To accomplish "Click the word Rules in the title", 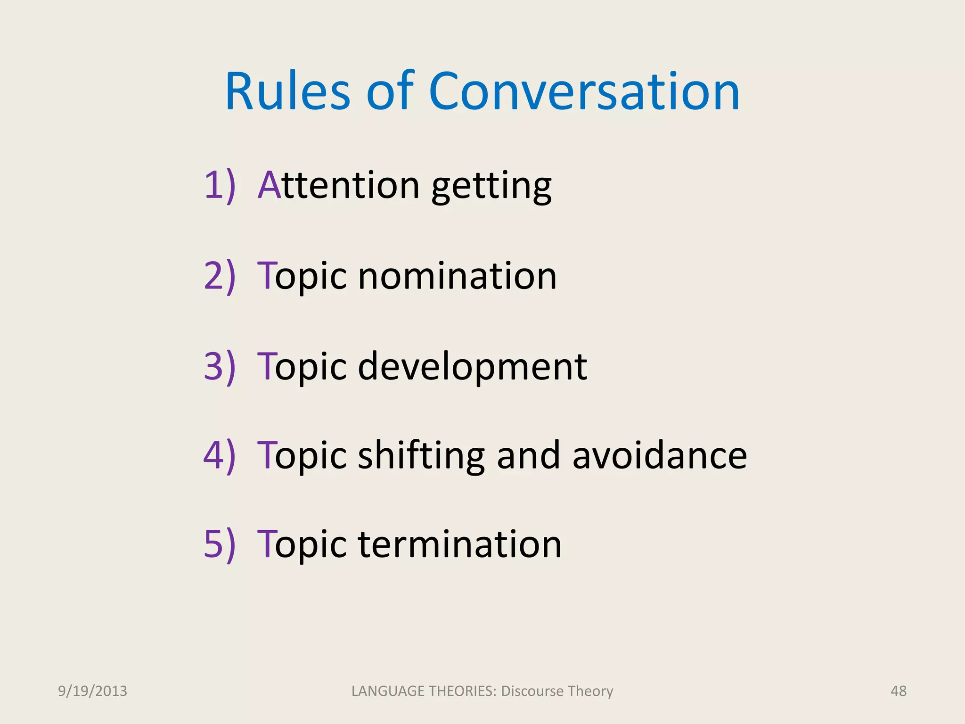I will (287, 92).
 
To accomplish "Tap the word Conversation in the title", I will (584, 92).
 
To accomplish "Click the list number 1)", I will (220, 186).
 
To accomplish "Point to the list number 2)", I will (220, 276).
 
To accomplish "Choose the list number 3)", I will (220, 367).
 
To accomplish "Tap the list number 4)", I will (220, 456).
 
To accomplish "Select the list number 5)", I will (220, 545).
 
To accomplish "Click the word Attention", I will (338, 186).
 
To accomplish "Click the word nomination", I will (457, 276).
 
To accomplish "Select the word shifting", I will (421, 457).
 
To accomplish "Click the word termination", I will (460, 545).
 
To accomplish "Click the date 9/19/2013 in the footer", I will (92, 691).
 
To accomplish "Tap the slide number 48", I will (898, 691).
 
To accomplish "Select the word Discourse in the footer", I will (532, 691).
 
